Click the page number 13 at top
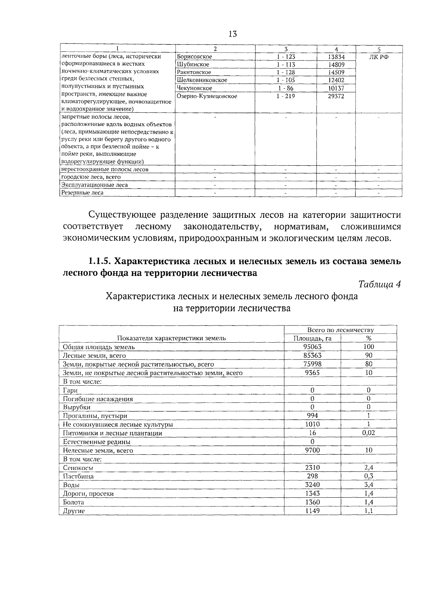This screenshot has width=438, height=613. pyautogui.click(x=233, y=34)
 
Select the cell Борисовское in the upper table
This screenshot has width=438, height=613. pyautogui.click(x=194, y=57)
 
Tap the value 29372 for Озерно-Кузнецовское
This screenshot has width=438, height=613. pyautogui.click(x=336, y=96)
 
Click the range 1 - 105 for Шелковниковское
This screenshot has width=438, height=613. pyautogui.click(x=286, y=80)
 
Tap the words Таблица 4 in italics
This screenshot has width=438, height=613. pyautogui.click(x=380, y=284)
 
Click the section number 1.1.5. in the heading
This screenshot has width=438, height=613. pyautogui.click(x=100, y=261)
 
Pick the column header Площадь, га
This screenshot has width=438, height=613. pyautogui.click(x=312, y=338)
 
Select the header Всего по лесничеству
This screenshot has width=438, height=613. pyautogui.click(x=340, y=330)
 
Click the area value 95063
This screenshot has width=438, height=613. pyautogui.click(x=313, y=347)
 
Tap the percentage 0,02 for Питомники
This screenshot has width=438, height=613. pyautogui.click(x=369, y=433)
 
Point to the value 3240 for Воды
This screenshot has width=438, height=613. pyautogui.click(x=312, y=485)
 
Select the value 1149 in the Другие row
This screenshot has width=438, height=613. pyautogui.click(x=312, y=511)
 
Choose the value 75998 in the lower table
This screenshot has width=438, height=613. pyautogui.click(x=313, y=364)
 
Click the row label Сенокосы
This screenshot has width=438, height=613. pyautogui.click(x=78, y=468)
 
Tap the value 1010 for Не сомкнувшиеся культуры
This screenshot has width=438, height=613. pyautogui.click(x=312, y=424)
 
